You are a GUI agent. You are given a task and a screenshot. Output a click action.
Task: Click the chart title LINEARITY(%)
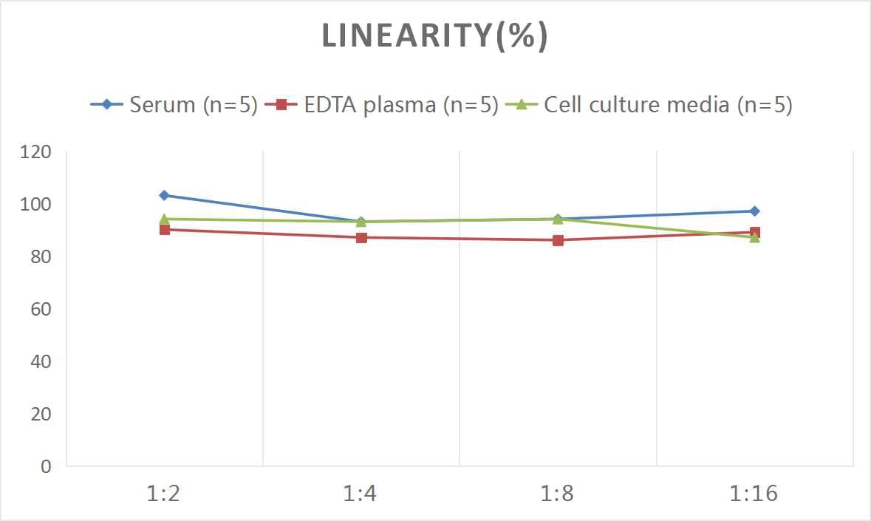click(x=434, y=37)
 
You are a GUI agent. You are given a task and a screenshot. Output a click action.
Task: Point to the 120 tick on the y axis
click(x=36, y=152)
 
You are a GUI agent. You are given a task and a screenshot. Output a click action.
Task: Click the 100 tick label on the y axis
click(x=36, y=205)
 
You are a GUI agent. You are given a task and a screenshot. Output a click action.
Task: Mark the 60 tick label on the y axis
click(x=41, y=309)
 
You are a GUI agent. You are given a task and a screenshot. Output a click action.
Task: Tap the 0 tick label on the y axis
click(x=46, y=466)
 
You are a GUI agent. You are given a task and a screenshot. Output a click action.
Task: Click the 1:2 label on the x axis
click(x=164, y=494)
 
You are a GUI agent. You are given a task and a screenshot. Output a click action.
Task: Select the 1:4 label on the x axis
click(x=361, y=494)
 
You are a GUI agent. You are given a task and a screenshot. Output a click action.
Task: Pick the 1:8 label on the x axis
click(x=558, y=494)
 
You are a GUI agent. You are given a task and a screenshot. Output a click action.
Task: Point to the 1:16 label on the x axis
click(x=754, y=494)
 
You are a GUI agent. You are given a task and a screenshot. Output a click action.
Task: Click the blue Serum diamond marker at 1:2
click(x=164, y=195)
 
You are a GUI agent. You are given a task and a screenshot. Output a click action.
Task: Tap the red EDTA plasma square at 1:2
click(x=164, y=230)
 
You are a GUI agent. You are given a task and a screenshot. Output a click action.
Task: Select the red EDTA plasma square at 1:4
click(x=361, y=237)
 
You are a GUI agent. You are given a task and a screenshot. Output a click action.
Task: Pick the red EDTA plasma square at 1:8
click(x=558, y=240)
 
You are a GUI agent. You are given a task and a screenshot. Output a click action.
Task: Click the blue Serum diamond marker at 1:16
click(x=754, y=211)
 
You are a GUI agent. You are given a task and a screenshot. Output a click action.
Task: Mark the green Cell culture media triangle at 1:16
click(x=754, y=237)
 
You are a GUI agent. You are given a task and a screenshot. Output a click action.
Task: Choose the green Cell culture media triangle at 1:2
click(x=164, y=219)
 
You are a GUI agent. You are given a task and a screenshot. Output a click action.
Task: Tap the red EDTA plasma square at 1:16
click(x=755, y=232)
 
